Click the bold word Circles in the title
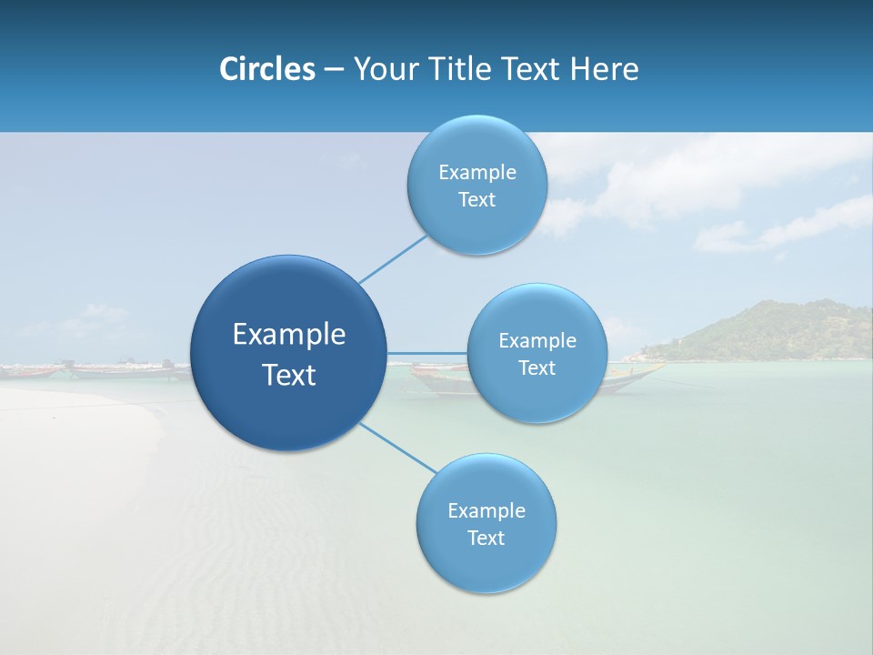(266, 69)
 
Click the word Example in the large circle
(289, 335)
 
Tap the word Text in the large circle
(289, 375)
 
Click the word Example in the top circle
(477, 173)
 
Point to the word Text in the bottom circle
(486, 538)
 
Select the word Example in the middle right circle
(537, 341)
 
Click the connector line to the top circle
(393, 259)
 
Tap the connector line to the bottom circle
(397, 448)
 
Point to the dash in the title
(334, 70)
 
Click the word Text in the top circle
(477, 200)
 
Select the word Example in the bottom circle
(487, 510)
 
